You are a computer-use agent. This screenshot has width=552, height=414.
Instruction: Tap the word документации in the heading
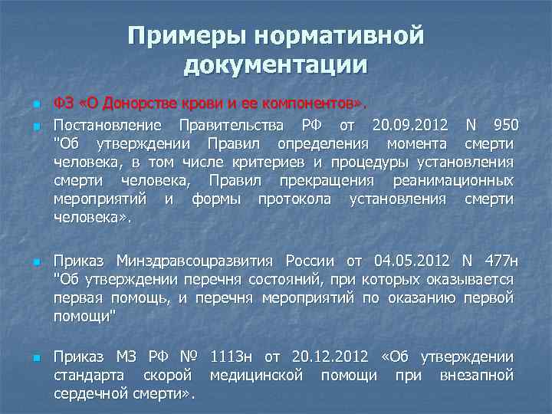tap(276, 66)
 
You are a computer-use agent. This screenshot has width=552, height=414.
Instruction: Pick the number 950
tap(504, 125)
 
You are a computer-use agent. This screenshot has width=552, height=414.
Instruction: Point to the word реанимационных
tap(453, 181)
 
